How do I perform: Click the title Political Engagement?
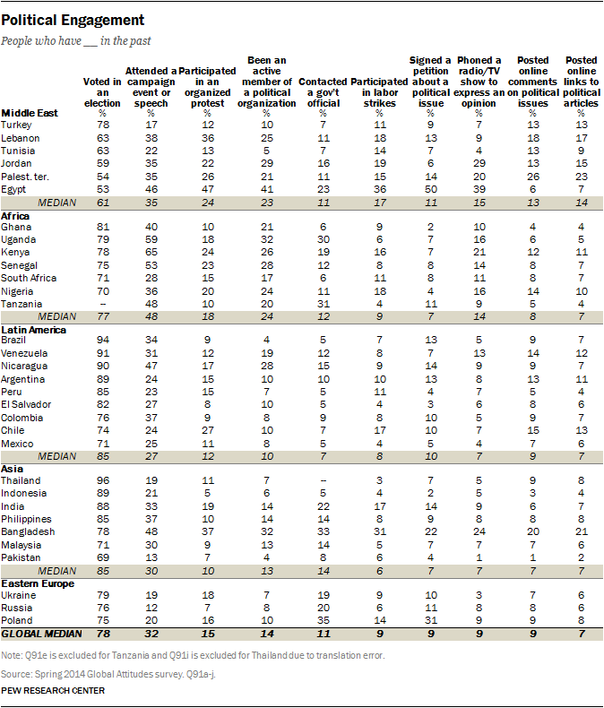[x=73, y=19]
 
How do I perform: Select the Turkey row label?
[x=19, y=124]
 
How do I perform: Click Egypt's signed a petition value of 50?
[x=431, y=190]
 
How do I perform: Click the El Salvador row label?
[x=26, y=405]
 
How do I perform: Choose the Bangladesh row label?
[x=28, y=531]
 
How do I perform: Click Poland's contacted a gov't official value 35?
[x=331, y=618]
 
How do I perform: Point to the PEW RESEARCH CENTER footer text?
[x=53, y=690]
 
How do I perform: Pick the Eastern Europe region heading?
[x=38, y=583]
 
